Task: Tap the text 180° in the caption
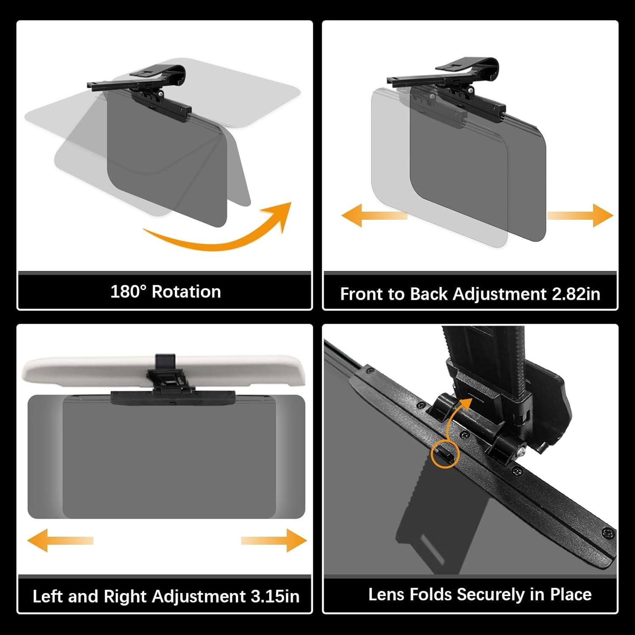pos(128,292)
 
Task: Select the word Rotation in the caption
pos(186,292)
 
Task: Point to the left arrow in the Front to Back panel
pos(374,215)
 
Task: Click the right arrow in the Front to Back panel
pos(580,215)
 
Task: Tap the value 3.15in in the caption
pos(275,596)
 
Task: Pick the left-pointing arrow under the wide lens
pos(60,540)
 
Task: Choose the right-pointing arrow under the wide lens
pos(274,540)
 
